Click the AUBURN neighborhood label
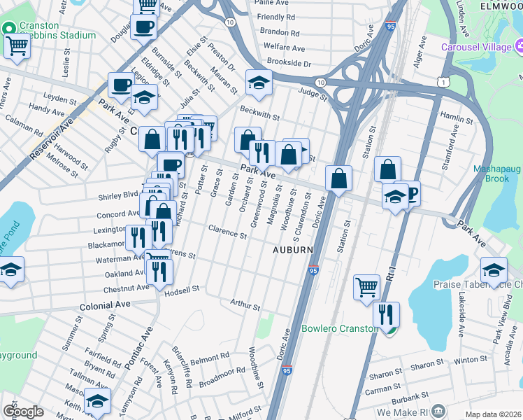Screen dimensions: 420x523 (x=292, y=249)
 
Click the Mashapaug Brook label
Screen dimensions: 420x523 (x=497, y=174)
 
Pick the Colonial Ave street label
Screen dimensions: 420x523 (x=105, y=306)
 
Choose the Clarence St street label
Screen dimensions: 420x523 (x=227, y=231)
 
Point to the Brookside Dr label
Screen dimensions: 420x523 (x=284, y=63)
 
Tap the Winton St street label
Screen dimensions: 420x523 (x=469, y=359)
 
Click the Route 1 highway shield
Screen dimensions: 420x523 (x=443, y=83)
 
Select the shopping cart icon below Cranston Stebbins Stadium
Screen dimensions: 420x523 (x=17, y=47)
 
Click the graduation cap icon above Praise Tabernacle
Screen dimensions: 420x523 (x=494, y=269)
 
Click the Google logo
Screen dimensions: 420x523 (x=23, y=412)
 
